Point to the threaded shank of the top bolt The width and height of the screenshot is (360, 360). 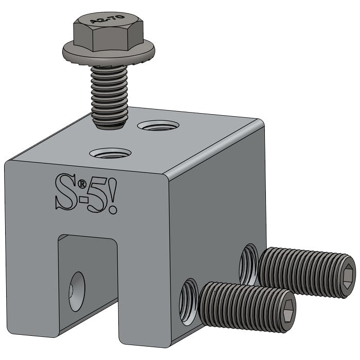click(x=109, y=95)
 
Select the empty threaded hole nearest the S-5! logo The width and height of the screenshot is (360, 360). click(x=110, y=153)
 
